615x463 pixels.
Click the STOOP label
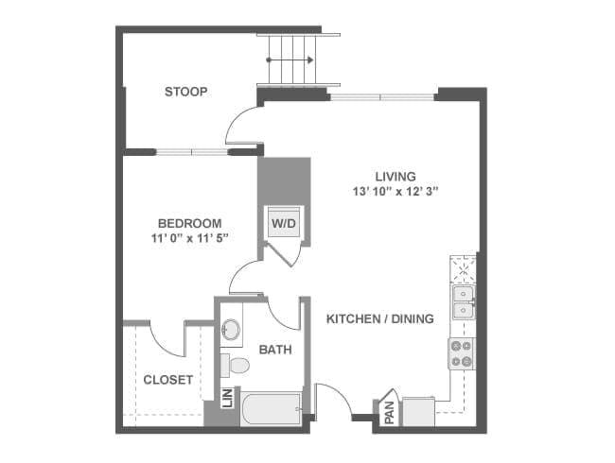click(185, 92)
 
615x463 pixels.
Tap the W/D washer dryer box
click(284, 222)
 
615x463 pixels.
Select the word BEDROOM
click(190, 223)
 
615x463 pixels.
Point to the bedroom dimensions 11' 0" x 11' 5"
click(190, 238)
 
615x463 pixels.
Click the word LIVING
click(395, 177)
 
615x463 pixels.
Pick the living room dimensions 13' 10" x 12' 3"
click(395, 192)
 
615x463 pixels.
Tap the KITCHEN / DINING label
click(380, 318)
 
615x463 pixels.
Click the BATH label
click(275, 350)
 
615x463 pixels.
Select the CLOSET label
click(167, 380)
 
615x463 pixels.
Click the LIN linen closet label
click(227, 398)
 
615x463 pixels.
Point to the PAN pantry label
click(390, 413)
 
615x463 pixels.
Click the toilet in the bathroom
click(235, 366)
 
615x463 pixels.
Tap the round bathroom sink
click(231, 330)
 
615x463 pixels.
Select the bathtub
click(271, 409)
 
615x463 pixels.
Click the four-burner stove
click(462, 353)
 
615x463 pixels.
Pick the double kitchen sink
click(464, 302)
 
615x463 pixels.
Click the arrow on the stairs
click(290, 60)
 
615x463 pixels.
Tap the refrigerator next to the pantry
click(418, 411)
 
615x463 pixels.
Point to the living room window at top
click(381, 96)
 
